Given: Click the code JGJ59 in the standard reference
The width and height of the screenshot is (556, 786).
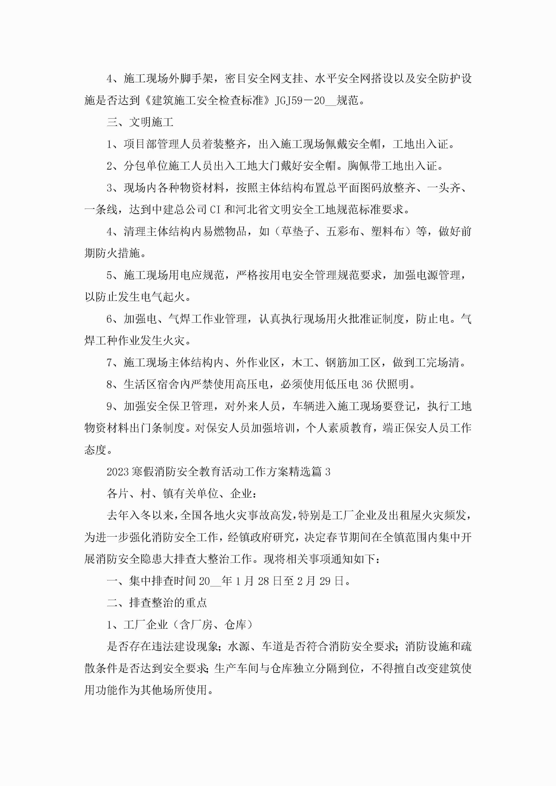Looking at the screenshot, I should (289, 101).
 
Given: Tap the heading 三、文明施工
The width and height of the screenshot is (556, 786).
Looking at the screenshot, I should (140, 122).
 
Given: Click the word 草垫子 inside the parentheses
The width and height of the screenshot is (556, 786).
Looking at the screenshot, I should (298, 231).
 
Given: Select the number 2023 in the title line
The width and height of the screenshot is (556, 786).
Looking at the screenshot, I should (117, 472).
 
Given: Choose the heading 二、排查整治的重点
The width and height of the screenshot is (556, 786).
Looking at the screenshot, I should (157, 603).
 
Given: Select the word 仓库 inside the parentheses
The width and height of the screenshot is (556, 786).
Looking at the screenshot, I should (235, 625).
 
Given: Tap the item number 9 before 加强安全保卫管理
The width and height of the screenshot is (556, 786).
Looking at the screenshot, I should (110, 406).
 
